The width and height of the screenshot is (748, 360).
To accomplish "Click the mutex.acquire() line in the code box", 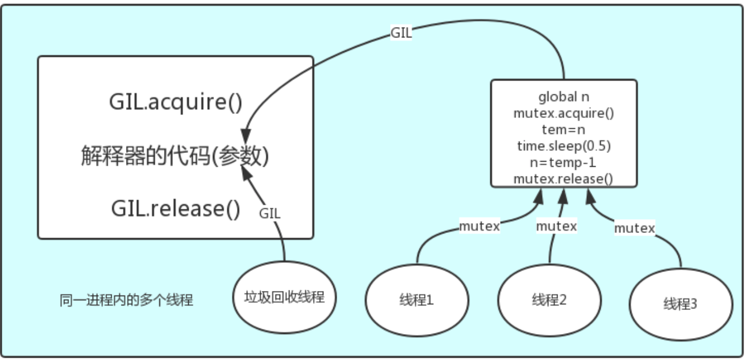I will [x=564, y=113].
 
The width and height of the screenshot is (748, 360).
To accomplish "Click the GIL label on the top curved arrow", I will [x=401, y=33].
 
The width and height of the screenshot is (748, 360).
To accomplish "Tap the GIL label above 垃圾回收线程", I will [x=270, y=213].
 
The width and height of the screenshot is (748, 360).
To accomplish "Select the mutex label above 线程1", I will [x=479, y=227].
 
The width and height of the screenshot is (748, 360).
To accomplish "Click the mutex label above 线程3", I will [x=634, y=228].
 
